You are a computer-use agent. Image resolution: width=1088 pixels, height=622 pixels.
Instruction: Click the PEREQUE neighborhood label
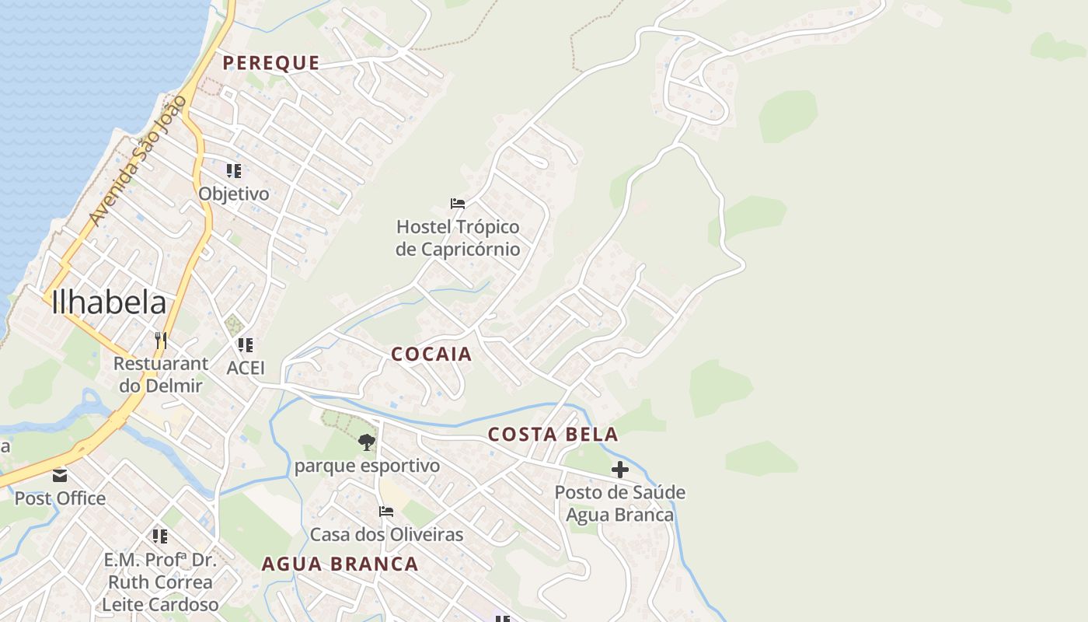pyautogui.click(x=270, y=63)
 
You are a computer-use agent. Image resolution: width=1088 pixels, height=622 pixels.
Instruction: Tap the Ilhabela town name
pyautogui.click(x=109, y=303)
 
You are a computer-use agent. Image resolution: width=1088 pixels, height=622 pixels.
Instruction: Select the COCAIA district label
pyautogui.click(x=431, y=355)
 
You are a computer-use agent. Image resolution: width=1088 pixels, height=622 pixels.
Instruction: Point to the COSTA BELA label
pyautogui.click(x=553, y=435)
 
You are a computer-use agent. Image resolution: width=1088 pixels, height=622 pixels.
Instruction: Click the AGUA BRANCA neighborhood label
pyautogui.click(x=340, y=564)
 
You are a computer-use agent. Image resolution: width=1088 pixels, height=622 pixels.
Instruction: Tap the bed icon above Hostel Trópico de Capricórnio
pyautogui.click(x=458, y=204)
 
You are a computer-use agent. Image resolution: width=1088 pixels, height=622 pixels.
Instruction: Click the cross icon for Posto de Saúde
pyautogui.click(x=619, y=470)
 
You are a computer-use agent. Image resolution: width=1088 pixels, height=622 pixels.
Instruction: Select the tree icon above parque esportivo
pyautogui.click(x=367, y=443)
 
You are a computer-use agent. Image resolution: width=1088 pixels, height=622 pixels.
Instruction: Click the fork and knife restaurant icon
pyautogui.click(x=161, y=341)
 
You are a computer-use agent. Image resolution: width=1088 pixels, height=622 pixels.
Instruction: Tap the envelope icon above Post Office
pyautogui.click(x=60, y=475)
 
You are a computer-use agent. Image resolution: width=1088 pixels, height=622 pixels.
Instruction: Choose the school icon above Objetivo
pyautogui.click(x=234, y=170)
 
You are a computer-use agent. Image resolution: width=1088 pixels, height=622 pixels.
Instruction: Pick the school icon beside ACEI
pyautogui.click(x=245, y=344)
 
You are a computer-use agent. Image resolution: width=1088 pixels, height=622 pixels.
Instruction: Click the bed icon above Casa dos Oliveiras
pyautogui.click(x=385, y=512)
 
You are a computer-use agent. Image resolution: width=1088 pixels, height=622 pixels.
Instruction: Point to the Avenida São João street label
pyautogui.click(x=138, y=161)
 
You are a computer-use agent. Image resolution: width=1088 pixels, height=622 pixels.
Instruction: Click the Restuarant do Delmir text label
pyautogui.click(x=160, y=374)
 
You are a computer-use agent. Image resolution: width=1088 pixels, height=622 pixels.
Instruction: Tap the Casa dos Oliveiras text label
pyautogui.click(x=386, y=535)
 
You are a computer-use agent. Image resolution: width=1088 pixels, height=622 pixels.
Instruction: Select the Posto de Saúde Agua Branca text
pyautogui.click(x=619, y=504)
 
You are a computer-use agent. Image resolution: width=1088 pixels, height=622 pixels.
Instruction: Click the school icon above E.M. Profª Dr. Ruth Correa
pyautogui.click(x=160, y=536)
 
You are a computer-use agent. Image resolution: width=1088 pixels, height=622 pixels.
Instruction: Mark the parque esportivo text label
pyautogui.click(x=367, y=466)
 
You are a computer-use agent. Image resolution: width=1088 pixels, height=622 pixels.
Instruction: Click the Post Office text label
pyautogui.click(x=60, y=498)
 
